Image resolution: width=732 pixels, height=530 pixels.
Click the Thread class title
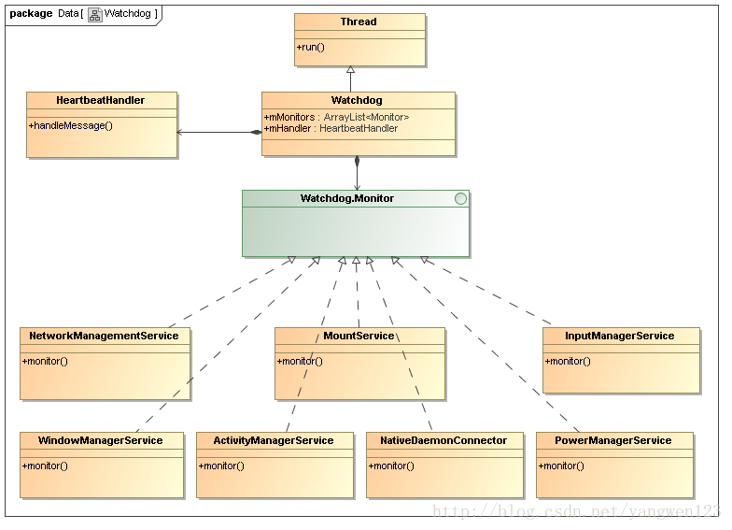point(359,21)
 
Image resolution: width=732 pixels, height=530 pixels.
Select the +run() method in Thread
point(310,47)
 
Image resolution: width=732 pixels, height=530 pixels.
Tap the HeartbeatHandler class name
point(101,100)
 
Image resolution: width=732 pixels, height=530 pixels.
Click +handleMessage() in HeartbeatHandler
point(71,125)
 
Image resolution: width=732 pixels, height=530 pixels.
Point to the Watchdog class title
point(357,100)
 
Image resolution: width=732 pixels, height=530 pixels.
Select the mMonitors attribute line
point(336,117)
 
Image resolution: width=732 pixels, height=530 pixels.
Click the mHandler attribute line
point(331,128)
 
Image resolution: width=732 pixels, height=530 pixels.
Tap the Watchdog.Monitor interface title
point(347,198)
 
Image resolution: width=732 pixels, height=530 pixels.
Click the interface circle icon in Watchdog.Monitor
point(460,198)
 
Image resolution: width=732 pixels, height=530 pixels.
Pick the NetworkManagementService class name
point(104,336)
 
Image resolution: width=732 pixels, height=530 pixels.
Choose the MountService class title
point(359,336)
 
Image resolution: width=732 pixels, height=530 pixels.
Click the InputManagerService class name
point(620,336)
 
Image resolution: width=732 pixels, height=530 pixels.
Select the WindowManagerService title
point(101,440)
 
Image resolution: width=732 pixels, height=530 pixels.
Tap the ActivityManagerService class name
point(273,440)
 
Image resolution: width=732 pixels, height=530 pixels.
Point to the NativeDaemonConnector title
point(443,440)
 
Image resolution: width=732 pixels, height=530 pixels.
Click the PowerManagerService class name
point(612,440)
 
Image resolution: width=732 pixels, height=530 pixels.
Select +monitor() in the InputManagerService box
point(568,361)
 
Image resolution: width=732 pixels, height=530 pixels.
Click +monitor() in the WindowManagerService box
point(45,466)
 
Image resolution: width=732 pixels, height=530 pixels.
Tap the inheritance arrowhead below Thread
point(351,69)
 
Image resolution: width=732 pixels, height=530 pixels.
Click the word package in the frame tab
point(31,13)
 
